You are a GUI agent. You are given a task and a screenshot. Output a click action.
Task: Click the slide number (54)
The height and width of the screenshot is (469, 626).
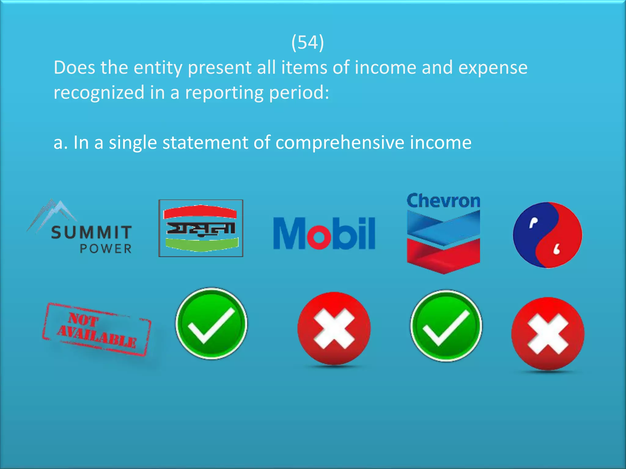(x=307, y=42)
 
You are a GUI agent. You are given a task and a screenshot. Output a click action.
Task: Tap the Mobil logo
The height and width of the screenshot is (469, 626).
(x=324, y=234)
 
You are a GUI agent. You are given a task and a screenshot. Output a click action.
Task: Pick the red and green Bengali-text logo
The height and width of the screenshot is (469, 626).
(x=201, y=228)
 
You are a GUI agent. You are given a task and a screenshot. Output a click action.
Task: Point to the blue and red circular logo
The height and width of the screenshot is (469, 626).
(x=547, y=235)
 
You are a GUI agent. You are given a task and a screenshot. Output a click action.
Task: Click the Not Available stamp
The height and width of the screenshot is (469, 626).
(x=97, y=329)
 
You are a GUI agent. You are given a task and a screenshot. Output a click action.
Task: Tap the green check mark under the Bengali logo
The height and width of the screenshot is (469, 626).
(x=211, y=323)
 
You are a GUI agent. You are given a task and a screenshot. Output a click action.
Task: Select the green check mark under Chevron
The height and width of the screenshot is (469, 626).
(x=446, y=326)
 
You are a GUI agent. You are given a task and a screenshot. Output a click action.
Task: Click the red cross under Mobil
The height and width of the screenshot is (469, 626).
(x=334, y=328)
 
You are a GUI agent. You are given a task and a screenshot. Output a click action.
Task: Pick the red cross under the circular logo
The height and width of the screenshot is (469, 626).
(x=548, y=333)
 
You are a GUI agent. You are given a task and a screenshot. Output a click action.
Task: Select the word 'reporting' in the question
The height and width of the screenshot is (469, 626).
(x=224, y=93)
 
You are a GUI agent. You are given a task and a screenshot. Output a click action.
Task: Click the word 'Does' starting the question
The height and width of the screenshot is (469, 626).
(x=74, y=67)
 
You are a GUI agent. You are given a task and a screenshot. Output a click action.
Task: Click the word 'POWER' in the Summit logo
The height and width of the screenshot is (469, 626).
(x=106, y=249)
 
